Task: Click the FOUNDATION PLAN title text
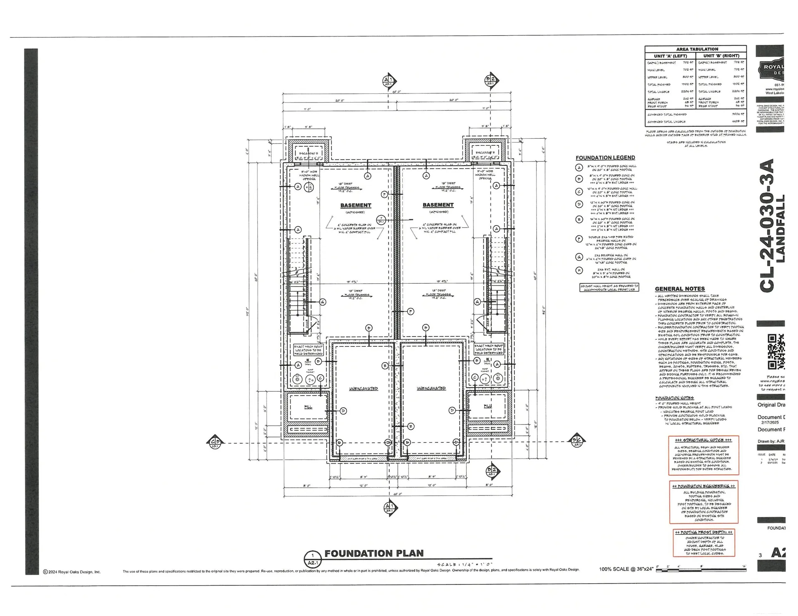coord(374,553)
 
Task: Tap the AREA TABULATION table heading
coord(697,49)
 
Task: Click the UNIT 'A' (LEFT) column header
coord(670,56)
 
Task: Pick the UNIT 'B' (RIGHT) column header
coord(721,56)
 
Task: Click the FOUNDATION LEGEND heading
coord(605,157)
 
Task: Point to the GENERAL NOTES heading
coord(680,289)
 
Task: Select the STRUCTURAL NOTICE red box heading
coord(703,440)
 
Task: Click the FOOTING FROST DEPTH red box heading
coord(703,532)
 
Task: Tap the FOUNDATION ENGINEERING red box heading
coord(703,486)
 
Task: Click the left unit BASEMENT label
coord(355,205)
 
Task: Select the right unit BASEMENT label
coord(438,205)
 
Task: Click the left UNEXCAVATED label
coord(363,389)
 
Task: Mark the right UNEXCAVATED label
coord(431,388)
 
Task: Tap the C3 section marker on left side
coord(214,443)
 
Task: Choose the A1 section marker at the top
coord(388,81)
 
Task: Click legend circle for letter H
coord(579,270)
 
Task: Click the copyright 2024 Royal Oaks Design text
coord(72,572)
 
